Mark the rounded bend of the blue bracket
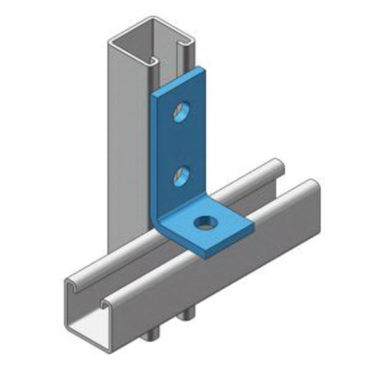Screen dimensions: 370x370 tap(157, 222)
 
